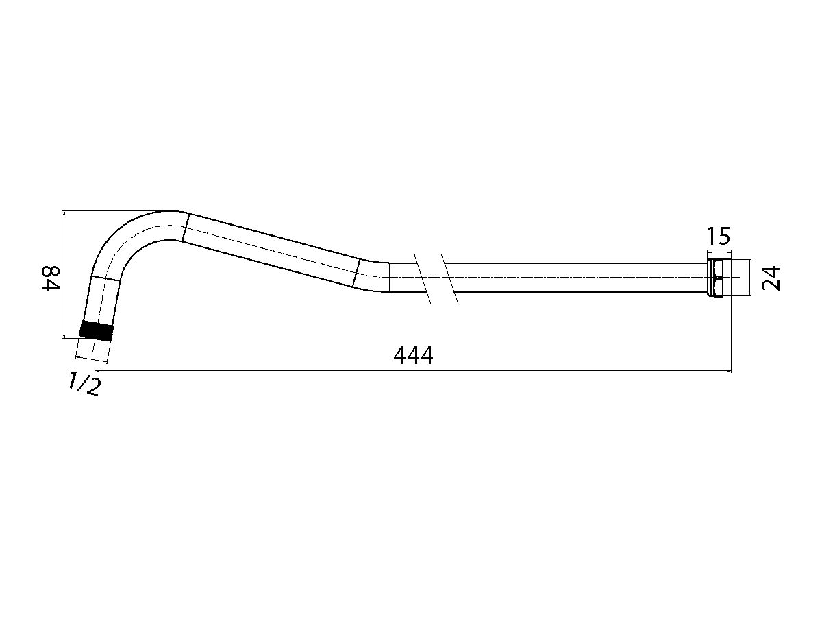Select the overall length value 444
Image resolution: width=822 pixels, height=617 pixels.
click(413, 355)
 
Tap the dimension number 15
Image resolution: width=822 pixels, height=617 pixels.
click(719, 237)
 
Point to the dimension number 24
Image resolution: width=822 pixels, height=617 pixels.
click(772, 278)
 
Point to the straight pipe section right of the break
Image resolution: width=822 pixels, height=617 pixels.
click(575, 277)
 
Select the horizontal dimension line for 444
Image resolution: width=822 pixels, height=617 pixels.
click(548, 372)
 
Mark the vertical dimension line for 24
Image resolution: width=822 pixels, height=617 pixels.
click(750, 277)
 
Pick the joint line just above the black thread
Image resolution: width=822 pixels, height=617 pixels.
click(105, 279)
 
